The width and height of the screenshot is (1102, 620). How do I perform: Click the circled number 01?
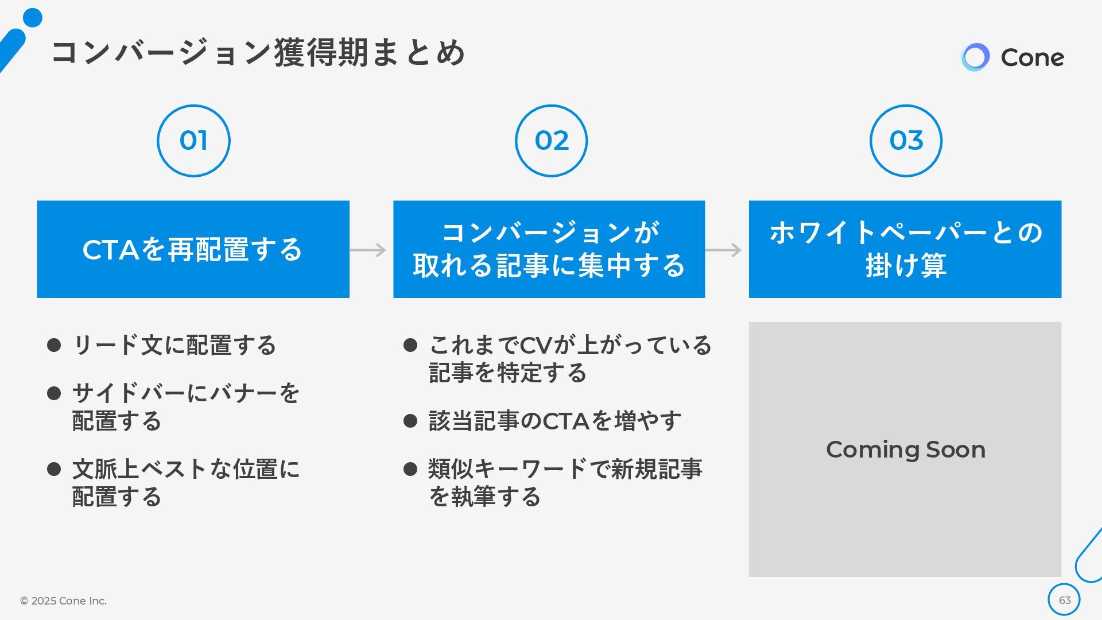193,141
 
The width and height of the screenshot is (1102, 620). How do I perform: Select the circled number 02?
551,141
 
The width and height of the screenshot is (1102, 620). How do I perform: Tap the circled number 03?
906,141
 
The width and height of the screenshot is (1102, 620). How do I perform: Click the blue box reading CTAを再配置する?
193,249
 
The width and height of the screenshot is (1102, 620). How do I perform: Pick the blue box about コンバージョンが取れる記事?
549,249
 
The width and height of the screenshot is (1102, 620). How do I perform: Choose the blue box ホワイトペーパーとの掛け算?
905,249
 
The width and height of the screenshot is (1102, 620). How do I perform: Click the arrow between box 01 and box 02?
368,250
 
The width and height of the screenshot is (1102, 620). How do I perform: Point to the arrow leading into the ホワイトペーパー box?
723,250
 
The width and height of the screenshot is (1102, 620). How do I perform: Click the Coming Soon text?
905,449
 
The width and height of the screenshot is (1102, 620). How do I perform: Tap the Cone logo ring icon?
975,57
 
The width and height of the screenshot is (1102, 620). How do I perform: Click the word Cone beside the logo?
1032,57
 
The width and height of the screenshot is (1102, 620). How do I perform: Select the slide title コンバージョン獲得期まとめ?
258,52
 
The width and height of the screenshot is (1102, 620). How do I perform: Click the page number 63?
1064,600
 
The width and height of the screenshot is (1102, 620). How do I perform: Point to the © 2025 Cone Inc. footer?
63,600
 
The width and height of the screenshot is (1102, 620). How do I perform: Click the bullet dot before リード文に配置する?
54,345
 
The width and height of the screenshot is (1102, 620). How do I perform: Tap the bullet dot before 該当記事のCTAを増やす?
410,421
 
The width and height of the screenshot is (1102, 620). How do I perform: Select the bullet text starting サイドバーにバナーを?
185,407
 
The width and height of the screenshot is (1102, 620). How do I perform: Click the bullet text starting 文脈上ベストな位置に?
185,483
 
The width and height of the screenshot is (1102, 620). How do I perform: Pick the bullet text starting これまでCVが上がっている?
569,359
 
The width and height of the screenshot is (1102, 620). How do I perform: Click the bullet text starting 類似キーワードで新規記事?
565,483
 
